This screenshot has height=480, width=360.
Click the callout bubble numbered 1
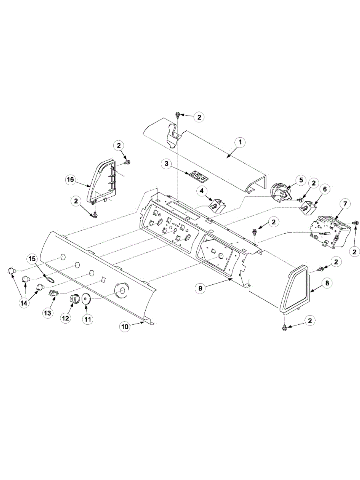pos(240,142)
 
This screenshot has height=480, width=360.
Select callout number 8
pos(327,283)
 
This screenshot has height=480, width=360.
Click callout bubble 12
pos(65,318)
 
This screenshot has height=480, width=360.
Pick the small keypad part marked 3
pos(196,175)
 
